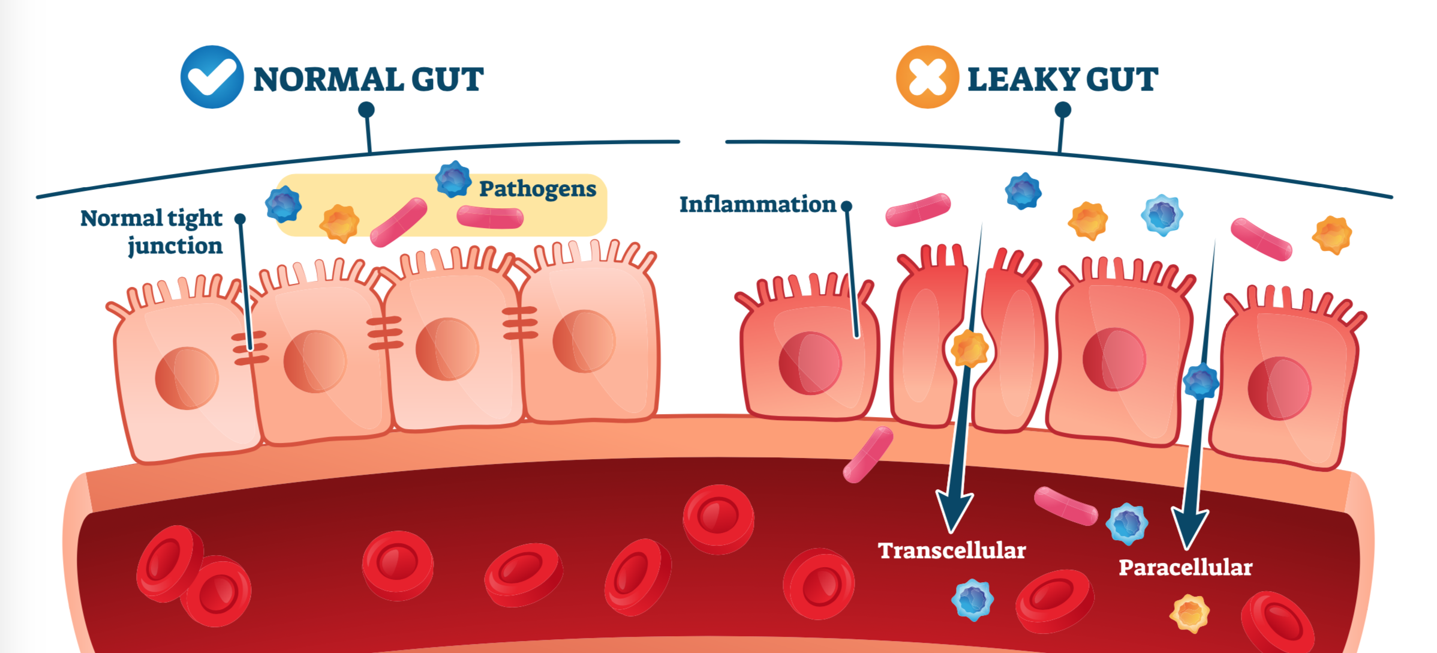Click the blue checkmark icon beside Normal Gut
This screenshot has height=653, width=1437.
[212, 77]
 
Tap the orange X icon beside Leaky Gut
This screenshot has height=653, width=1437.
[927, 77]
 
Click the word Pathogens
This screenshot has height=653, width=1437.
[537, 188]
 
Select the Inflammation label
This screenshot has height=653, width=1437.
[757, 205]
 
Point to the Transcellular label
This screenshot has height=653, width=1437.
[952, 550]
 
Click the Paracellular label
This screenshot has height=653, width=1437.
[1185, 567]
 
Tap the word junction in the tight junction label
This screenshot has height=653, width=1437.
[175, 246]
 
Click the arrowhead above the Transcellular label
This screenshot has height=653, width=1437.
[954, 510]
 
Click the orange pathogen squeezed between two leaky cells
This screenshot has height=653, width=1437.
[969, 349]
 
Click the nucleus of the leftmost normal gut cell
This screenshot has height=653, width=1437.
[187, 378]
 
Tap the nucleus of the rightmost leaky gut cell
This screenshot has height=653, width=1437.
[1279, 388]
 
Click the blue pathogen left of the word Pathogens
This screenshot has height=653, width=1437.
[453, 179]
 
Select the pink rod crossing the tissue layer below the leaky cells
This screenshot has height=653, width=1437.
[868, 454]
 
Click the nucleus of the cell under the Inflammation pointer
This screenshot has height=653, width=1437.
[810, 363]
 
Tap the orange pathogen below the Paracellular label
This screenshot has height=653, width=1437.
[1189, 613]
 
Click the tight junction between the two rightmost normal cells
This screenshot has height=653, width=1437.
[519, 322]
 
